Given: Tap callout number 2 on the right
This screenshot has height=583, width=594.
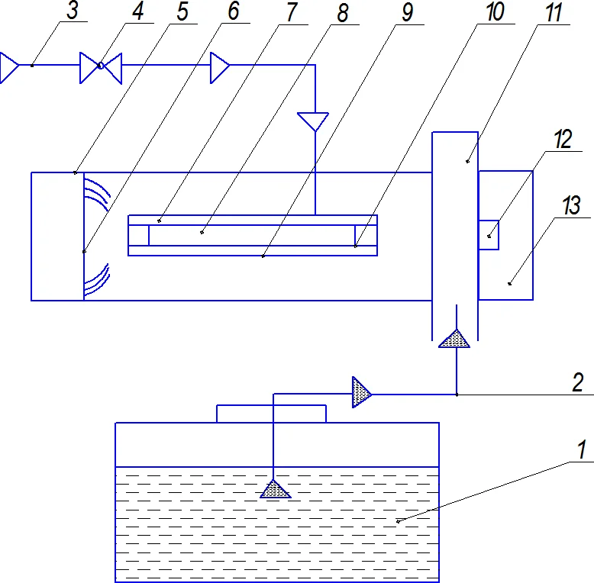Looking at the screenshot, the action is click(x=578, y=382).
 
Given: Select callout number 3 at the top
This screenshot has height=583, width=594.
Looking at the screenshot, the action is click(x=73, y=10).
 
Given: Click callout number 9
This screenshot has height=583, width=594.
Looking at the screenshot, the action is click(x=407, y=11).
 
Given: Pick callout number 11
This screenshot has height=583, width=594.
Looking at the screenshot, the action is click(x=554, y=11).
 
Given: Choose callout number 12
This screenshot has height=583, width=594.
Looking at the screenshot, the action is click(x=563, y=139).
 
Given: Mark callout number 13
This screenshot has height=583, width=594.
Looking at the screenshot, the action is click(x=571, y=205).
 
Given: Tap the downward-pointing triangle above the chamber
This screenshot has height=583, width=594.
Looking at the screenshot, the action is click(x=313, y=121).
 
